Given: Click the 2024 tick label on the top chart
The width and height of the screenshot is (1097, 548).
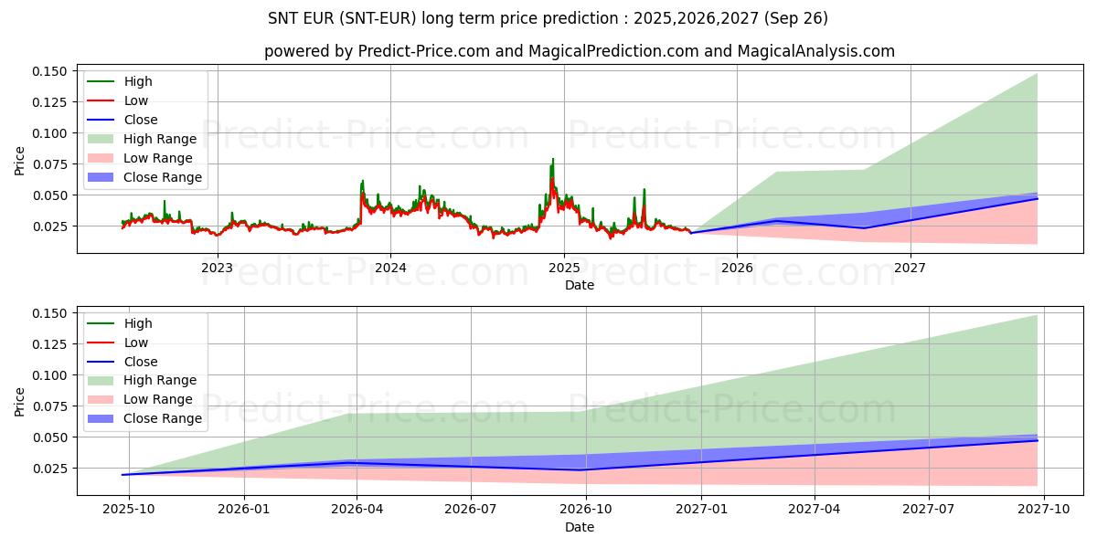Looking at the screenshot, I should pyautogui.click(x=390, y=267).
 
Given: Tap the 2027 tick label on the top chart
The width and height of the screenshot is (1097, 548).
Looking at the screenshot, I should pyautogui.click(x=910, y=267).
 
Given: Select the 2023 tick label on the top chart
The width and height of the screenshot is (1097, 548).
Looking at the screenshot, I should pyautogui.click(x=217, y=267).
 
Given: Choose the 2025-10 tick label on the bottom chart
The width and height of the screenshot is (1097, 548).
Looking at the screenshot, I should pyautogui.click(x=129, y=509).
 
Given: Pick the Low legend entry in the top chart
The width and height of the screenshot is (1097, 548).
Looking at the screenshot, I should pyautogui.click(x=136, y=100).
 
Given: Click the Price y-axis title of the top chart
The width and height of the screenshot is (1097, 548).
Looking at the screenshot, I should pyautogui.click(x=20, y=160).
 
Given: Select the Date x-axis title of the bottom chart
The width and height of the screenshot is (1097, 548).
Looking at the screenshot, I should pyautogui.click(x=580, y=527).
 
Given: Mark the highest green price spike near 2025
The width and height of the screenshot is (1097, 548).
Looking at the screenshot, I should pyautogui.click(x=552, y=160).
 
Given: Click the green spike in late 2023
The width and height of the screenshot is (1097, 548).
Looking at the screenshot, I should pyautogui.click(x=363, y=181).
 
